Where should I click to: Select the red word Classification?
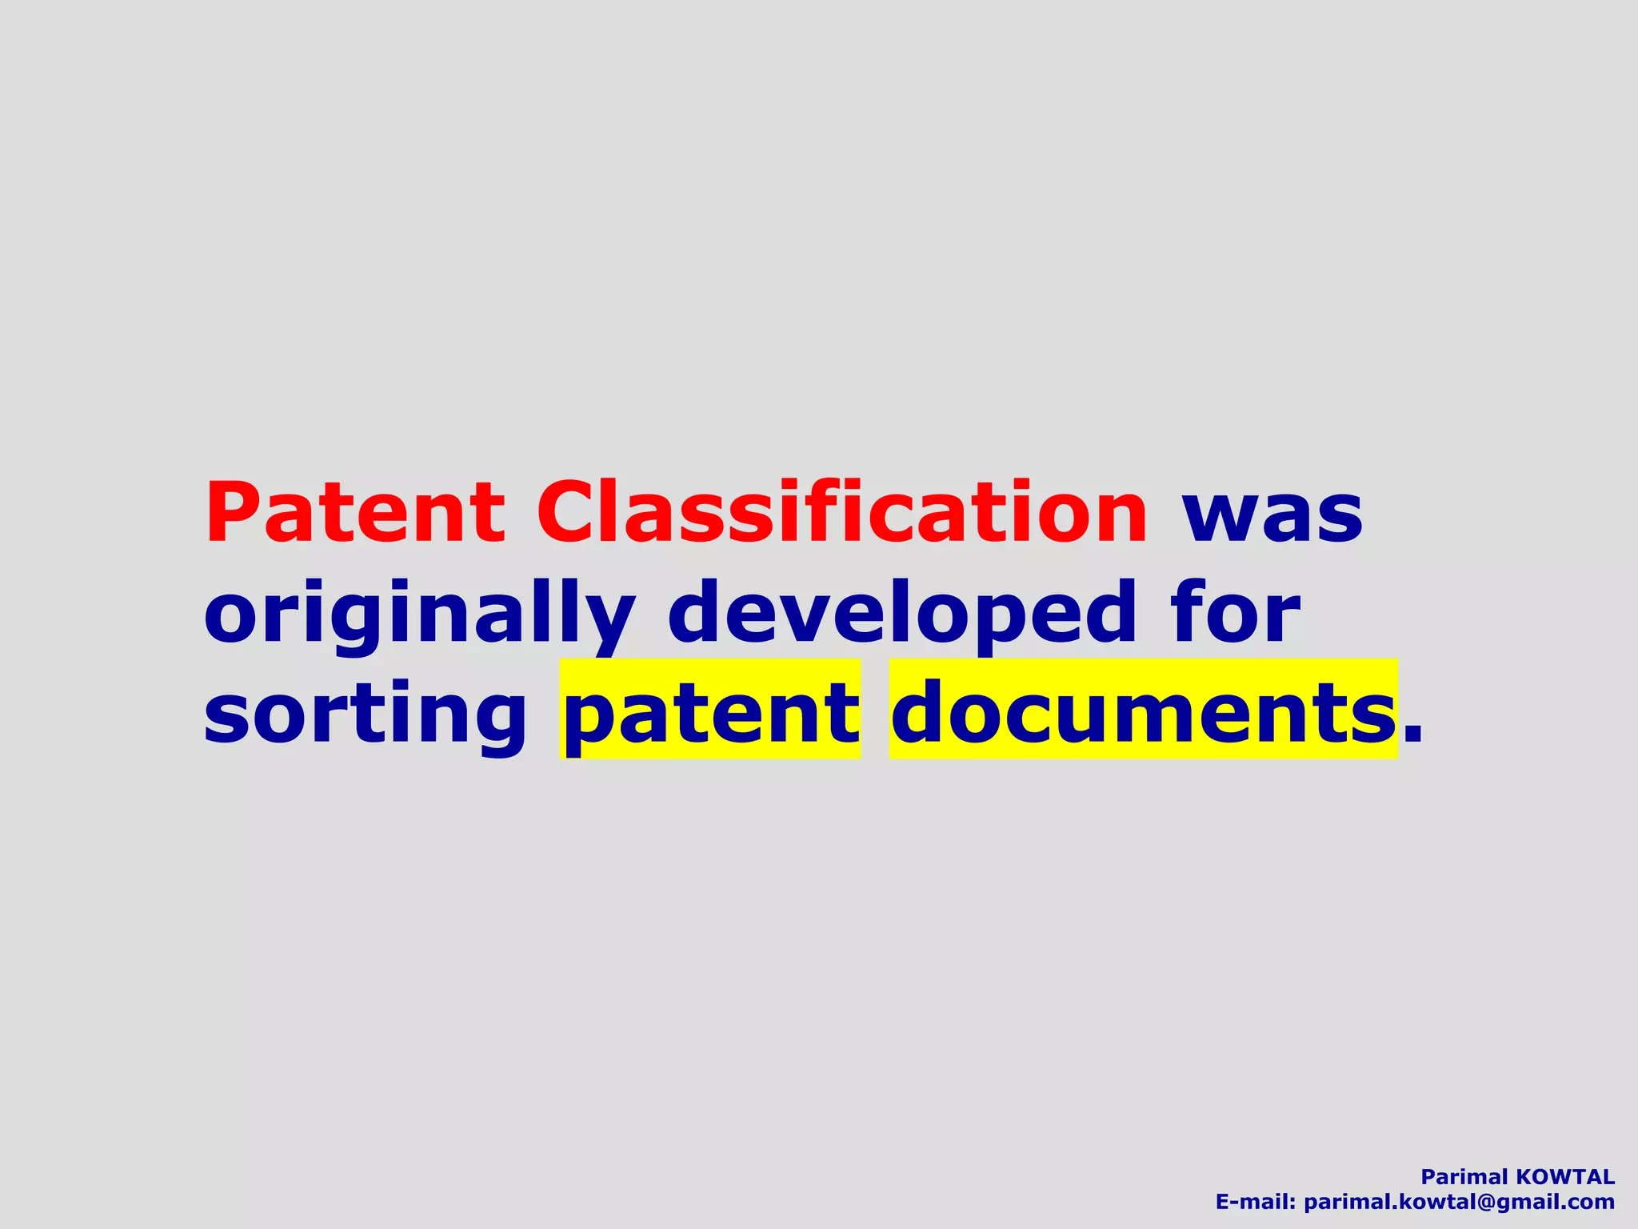click(x=842, y=512)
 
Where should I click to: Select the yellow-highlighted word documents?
click(x=1143, y=711)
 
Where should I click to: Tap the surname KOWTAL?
click(x=1566, y=1177)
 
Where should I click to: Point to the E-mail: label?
click(x=1255, y=1202)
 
